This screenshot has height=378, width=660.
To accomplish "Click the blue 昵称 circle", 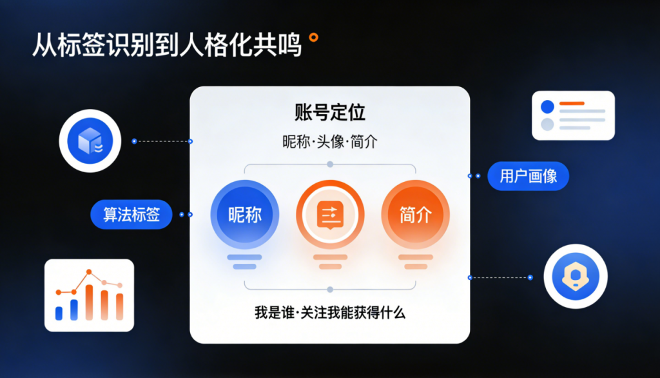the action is click(244, 215).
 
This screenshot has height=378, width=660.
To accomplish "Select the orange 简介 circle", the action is click(416, 215).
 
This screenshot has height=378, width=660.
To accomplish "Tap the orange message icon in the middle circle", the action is click(330, 215).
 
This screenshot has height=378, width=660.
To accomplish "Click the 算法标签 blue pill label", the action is click(131, 215).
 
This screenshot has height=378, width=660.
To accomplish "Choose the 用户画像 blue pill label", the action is click(529, 175).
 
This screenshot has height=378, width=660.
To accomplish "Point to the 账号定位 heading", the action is click(330, 112).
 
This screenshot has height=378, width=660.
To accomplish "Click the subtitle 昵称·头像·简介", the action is click(330, 142).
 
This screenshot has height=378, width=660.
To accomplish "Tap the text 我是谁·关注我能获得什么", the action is click(330, 313).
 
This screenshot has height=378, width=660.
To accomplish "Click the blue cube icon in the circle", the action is click(90, 141).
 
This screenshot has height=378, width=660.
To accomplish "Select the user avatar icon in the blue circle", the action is click(576, 277).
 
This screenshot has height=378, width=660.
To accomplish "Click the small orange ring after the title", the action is click(314, 37).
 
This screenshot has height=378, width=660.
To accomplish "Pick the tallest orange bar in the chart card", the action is click(89, 302).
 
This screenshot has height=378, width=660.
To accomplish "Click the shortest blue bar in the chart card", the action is click(59, 313).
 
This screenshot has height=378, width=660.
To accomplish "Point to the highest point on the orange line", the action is click(89, 272).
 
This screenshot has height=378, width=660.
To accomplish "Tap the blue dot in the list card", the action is click(547, 106).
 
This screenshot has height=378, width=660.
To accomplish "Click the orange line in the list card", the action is click(572, 103).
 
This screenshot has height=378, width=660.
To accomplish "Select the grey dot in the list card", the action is click(547, 124).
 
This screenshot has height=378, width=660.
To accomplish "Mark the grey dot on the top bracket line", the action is click(330, 164).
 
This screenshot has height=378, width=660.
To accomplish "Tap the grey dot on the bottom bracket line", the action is click(330, 290).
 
